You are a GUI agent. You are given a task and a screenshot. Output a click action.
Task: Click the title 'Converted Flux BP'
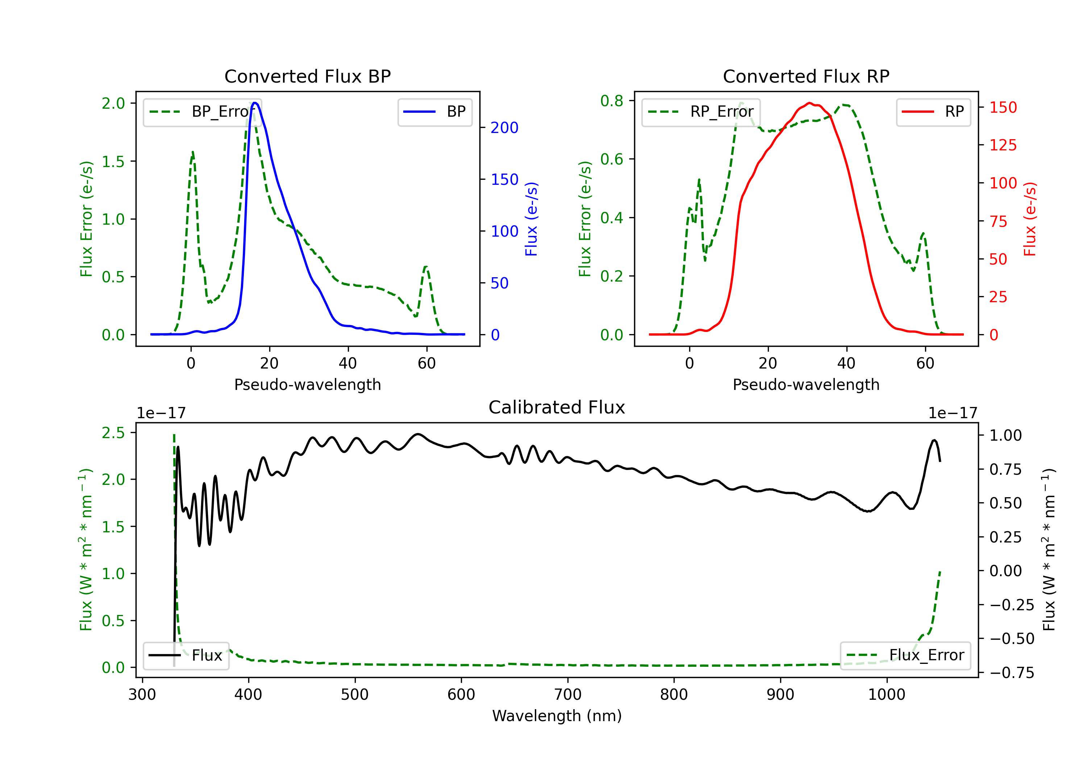click(x=307, y=76)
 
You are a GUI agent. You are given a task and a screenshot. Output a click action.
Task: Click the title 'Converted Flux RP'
click(x=806, y=76)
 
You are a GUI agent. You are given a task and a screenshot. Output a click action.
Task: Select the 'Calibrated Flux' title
click(x=557, y=407)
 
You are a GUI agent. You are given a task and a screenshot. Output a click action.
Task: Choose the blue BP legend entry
click(x=434, y=112)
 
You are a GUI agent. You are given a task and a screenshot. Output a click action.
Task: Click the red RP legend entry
click(x=933, y=112)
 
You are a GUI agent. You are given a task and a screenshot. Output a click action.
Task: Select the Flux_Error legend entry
click(x=905, y=656)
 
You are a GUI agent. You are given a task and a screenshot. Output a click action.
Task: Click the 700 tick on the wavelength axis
click(x=568, y=695)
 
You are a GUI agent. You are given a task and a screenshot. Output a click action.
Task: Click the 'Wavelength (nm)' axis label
click(x=557, y=716)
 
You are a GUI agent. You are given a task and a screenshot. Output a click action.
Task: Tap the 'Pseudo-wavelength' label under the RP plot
click(x=806, y=384)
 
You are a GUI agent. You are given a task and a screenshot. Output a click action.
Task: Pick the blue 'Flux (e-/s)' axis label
click(x=531, y=219)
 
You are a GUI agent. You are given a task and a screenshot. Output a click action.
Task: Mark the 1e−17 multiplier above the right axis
click(x=953, y=413)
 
